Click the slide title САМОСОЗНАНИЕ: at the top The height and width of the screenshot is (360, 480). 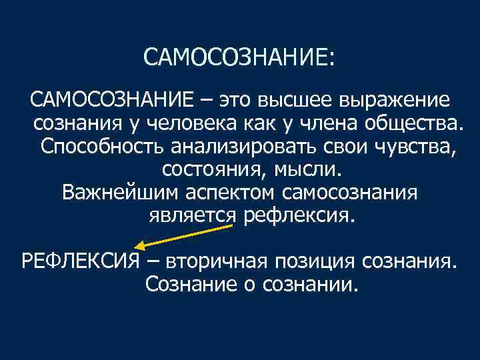tap(239, 58)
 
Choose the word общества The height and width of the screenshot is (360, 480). tap(399, 124)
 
